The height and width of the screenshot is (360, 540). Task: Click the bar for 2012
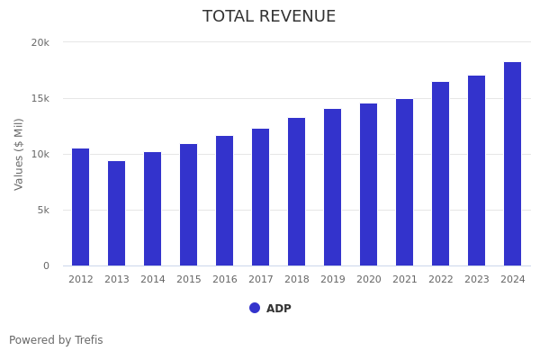(81, 207)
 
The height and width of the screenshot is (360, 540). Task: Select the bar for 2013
(117, 213)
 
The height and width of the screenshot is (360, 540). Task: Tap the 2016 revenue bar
(225, 201)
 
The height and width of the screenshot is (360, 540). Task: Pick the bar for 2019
(333, 187)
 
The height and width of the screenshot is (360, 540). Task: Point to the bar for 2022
(441, 174)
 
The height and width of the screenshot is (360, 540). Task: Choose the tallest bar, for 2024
(513, 164)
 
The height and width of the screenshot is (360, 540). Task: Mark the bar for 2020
(369, 184)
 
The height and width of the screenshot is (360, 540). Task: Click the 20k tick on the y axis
(40, 42)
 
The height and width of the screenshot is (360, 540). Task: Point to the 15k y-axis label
(40, 98)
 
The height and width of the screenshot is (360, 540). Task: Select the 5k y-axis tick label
(42, 210)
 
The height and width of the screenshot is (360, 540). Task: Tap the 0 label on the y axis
(45, 265)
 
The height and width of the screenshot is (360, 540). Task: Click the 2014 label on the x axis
(153, 280)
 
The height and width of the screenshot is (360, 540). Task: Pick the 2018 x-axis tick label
(297, 280)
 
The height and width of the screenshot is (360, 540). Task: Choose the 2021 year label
(405, 280)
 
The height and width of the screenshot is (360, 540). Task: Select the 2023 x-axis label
(477, 280)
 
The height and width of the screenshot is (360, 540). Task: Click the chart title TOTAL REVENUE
(269, 17)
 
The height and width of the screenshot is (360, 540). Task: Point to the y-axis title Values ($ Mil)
(19, 154)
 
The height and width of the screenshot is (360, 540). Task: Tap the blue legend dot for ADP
(255, 308)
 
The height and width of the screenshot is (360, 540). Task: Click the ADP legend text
(279, 309)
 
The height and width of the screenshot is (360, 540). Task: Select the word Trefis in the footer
(88, 340)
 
